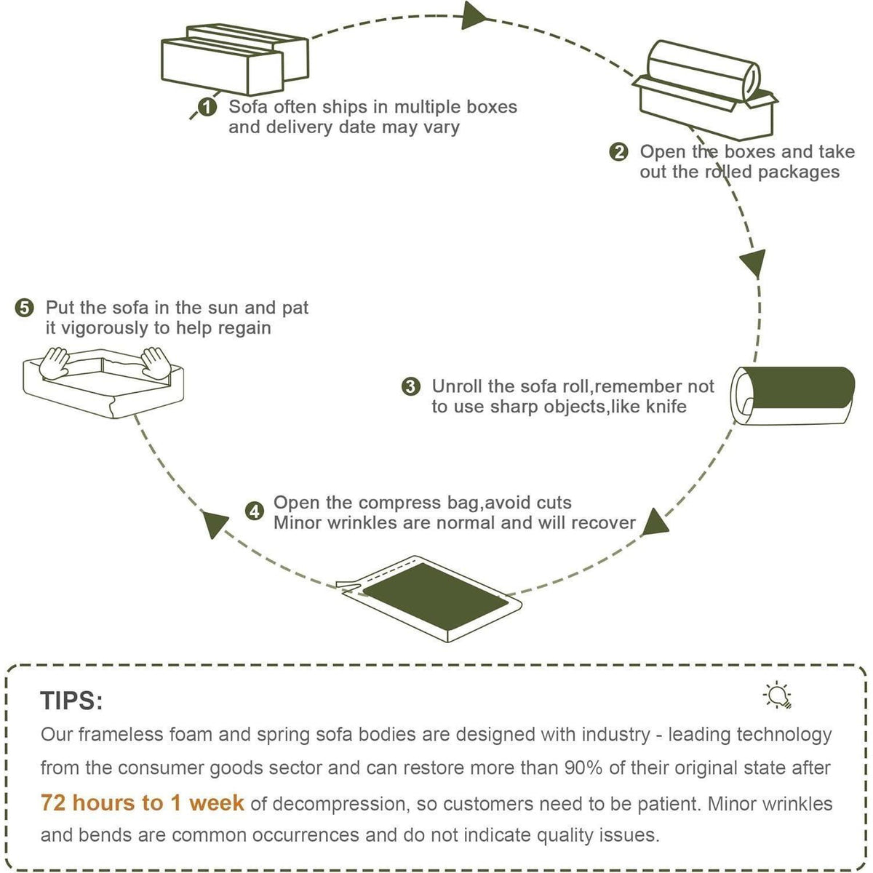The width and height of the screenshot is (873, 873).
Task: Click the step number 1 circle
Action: [x=207, y=108]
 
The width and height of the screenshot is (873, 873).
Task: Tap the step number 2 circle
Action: [x=619, y=152]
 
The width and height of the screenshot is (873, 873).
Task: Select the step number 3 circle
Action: [x=411, y=386]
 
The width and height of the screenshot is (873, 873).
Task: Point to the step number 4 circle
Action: [x=255, y=511]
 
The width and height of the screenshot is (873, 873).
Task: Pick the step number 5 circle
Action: [x=25, y=308]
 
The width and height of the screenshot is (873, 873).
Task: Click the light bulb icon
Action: [x=778, y=695]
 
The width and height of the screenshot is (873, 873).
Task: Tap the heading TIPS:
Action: [x=71, y=701]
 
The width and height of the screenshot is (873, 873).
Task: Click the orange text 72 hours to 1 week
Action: [x=143, y=803]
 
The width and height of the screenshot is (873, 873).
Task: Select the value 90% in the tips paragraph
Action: [x=583, y=768]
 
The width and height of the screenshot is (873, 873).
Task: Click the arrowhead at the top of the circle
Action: [x=474, y=16]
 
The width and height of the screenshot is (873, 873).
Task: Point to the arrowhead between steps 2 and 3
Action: [x=754, y=263]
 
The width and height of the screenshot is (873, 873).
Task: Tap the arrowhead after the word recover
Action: [x=655, y=522]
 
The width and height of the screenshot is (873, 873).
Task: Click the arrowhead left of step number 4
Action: [x=214, y=524]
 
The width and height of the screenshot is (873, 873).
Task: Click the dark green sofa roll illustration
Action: [x=792, y=396]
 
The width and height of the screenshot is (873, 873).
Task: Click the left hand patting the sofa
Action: [x=54, y=363]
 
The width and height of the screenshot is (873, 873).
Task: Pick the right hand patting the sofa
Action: [x=156, y=363]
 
